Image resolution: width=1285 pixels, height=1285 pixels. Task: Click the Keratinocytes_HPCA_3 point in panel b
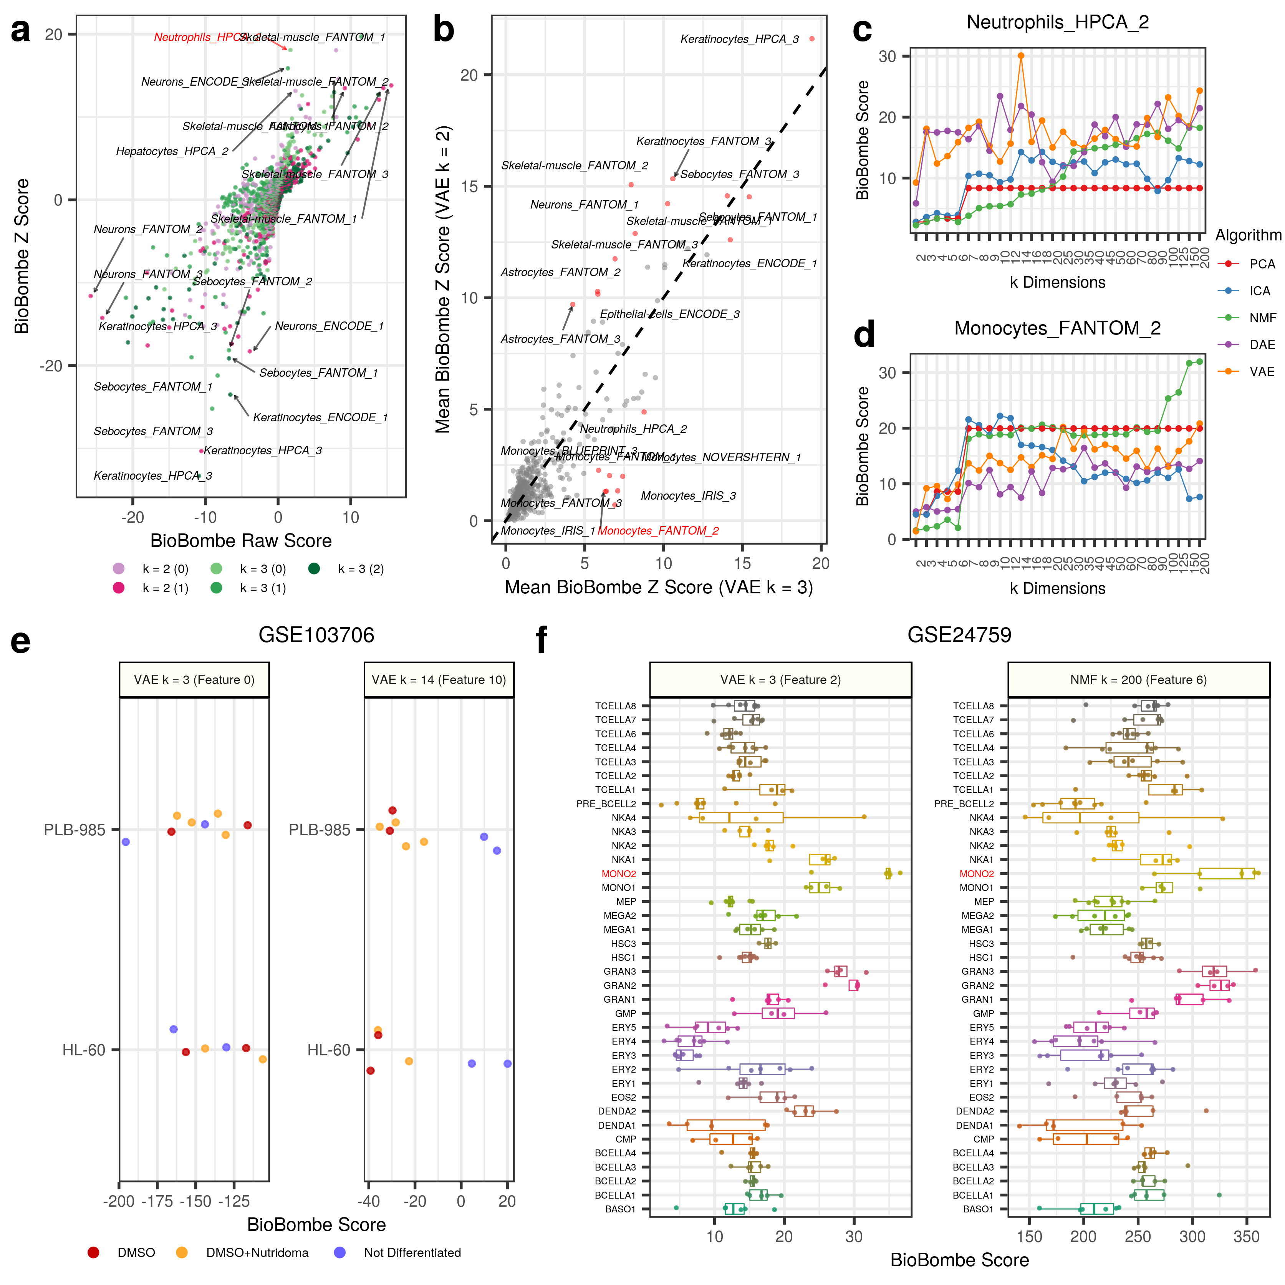point(811,38)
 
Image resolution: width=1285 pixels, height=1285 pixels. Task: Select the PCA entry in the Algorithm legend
point(1262,264)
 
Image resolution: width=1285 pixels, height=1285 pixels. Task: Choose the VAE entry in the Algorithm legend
point(1262,372)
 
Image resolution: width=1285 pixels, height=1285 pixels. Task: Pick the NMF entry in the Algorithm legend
point(1262,318)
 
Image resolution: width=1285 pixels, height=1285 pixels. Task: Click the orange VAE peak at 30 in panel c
point(1021,56)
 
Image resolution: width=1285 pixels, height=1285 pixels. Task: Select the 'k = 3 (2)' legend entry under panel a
point(361,569)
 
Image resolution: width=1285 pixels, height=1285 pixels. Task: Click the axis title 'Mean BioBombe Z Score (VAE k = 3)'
point(659,587)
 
